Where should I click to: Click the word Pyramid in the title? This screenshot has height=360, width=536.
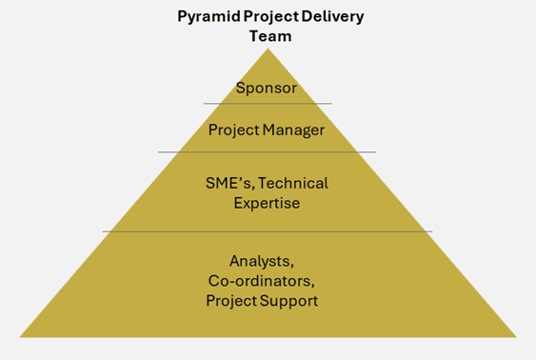coord(208,17)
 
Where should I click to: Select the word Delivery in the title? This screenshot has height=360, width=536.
coord(332,17)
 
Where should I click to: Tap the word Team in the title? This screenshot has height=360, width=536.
coord(270,36)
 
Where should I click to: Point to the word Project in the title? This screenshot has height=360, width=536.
coord(271,17)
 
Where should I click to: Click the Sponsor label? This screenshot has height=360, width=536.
coord(267,89)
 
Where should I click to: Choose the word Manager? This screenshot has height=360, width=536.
coord(293,130)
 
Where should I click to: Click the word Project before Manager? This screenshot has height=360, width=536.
coord(234,130)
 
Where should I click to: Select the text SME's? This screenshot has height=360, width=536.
coord(230,184)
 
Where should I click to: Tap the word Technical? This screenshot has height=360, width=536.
coord(293,183)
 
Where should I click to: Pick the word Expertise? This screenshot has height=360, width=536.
coord(267,204)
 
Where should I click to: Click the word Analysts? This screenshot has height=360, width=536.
coord(262,262)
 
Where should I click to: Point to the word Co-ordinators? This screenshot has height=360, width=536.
coord(262,281)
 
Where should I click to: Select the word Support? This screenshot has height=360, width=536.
coord(288,301)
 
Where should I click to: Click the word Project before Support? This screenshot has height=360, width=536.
coord(231,301)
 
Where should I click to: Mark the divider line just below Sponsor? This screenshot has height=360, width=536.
coord(268,103)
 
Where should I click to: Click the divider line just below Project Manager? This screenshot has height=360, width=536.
coord(267,151)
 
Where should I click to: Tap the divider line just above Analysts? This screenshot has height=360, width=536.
coord(268,231)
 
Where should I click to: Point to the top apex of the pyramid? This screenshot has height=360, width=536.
coord(268,49)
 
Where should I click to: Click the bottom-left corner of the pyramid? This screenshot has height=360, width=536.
coord(19,337)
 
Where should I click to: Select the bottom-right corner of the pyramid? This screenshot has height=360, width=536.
coord(517,337)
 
